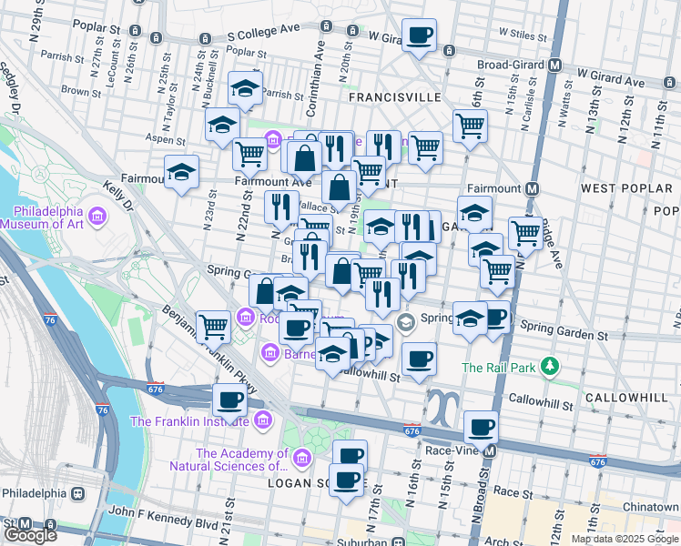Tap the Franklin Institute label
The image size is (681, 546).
coord(188,420)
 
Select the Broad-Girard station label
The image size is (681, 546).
coord(511,66)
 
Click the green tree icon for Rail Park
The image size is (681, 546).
coord(549,367)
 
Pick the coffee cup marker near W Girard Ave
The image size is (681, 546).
coord(419,35)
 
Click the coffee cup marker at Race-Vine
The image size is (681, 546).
coord(481,426)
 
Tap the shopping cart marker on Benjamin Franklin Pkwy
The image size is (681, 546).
coord(214,324)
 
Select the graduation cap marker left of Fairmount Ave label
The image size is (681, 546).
coord(182,170)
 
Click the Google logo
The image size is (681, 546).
coord(31,535)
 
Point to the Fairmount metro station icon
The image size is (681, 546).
coord(533,188)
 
